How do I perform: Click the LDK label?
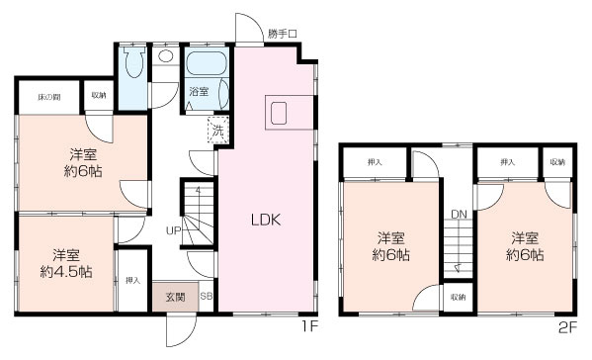266,220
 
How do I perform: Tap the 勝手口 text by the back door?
282,34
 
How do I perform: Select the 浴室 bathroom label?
199,92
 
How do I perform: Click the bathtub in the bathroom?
207,66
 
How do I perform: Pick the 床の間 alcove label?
48,95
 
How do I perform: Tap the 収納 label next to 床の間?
99,95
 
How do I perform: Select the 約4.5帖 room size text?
67,270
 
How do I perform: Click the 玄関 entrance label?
174,296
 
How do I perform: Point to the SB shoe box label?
206,296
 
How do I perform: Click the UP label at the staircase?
172,230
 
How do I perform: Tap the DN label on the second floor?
459,214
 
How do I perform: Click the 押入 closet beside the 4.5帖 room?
133,281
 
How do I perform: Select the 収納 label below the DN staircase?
457,297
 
